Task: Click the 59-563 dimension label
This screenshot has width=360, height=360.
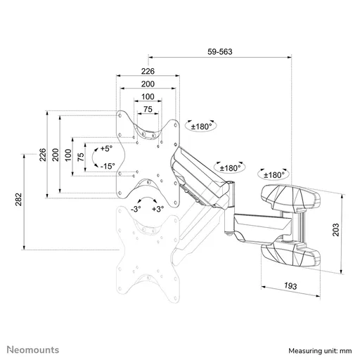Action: (220, 51)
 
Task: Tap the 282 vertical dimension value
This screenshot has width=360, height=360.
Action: (18, 200)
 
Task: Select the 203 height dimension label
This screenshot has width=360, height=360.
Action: (336, 230)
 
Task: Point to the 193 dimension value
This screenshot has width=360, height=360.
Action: (290, 286)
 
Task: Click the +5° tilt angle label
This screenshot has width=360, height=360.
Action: (106, 148)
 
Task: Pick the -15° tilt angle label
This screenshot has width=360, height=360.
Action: (108, 166)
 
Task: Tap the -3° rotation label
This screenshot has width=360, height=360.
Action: (136, 209)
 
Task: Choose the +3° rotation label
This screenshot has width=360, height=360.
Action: (157, 209)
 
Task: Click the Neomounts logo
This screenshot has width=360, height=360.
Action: (33, 349)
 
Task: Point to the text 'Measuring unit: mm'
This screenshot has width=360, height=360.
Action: (320, 351)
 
